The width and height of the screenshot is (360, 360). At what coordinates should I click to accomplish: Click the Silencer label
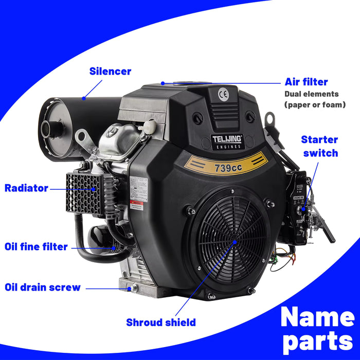point(110,71)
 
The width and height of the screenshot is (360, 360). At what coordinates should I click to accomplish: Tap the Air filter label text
point(306,82)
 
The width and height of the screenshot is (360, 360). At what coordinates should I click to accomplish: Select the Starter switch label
point(319,146)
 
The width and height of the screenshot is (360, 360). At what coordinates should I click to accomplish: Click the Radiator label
point(26,188)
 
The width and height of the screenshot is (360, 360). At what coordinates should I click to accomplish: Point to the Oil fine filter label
point(36,247)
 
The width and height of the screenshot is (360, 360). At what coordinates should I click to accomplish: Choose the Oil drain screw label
point(43,287)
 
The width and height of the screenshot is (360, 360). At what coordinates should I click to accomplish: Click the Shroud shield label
point(161,322)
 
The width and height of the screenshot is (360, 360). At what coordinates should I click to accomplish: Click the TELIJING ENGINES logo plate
point(227,141)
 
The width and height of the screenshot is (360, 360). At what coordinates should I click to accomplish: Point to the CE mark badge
point(223,94)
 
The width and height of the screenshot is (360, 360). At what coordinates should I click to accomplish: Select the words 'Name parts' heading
point(317,330)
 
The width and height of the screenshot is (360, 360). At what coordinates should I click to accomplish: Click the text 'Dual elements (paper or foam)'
point(315,99)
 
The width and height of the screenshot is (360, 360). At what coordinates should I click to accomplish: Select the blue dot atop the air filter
point(163,83)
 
